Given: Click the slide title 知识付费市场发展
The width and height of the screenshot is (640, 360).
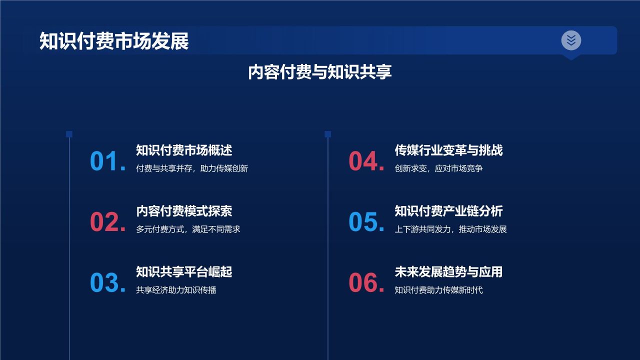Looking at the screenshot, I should (x=114, y=41).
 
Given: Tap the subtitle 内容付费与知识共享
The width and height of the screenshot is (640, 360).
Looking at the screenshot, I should (x=320, y=72).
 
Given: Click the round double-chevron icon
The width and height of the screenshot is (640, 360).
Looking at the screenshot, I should (x=571, y=40).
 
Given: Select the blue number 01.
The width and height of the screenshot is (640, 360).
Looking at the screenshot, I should (x=107, y=161).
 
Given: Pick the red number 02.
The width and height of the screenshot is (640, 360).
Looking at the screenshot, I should (x=107, y=222).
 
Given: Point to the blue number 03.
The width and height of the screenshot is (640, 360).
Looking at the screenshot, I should (x=107, y=283).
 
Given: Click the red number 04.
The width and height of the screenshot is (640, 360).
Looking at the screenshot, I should (x=366, y=161).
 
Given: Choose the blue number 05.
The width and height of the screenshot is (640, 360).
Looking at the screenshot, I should (x=366, y=222).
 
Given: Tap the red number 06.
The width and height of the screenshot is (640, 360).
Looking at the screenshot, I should (x=366, y=283).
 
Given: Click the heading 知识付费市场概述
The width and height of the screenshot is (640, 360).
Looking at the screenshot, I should (x=184, y=150).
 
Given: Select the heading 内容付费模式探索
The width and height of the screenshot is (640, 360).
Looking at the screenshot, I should (x=184, y=211).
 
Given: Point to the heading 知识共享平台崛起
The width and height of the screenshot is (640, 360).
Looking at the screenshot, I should (x=184, y=271).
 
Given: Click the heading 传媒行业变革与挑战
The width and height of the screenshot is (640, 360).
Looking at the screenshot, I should (x=448, y=150).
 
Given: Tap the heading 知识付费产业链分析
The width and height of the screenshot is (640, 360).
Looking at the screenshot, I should (x=448, y=211).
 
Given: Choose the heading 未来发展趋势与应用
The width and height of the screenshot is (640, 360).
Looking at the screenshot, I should (x=448, y=271).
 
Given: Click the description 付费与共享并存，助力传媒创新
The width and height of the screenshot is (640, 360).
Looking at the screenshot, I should (x=192, y=168).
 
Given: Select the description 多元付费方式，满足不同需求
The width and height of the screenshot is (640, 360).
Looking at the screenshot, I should (x=188, y=229).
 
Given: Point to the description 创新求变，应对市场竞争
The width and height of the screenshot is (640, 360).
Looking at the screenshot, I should (x=438, y=168).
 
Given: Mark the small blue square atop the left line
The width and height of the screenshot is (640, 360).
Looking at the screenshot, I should (x=69, y=134).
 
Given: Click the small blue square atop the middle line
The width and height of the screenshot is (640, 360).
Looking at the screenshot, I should (x=327, y=134).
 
